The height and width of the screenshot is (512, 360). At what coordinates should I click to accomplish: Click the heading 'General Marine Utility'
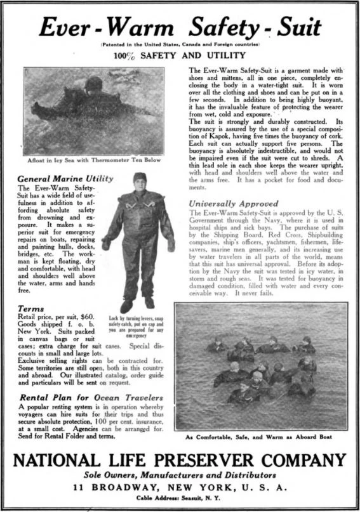click(x=66, y=179)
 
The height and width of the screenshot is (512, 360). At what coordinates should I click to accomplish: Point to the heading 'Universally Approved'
click(x=234, y=204)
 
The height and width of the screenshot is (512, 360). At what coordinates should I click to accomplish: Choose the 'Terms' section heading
click(x=31, y=308)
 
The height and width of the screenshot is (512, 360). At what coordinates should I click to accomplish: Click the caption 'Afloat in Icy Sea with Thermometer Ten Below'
click(x=93, y=159)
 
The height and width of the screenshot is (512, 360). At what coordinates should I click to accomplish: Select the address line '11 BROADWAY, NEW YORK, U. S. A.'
click(x=180, y=487)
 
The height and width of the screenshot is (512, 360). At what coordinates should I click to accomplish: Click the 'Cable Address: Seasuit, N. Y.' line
click(x=180, y=499)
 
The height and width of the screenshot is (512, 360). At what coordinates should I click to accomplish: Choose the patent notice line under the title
click(x=180, y=44)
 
